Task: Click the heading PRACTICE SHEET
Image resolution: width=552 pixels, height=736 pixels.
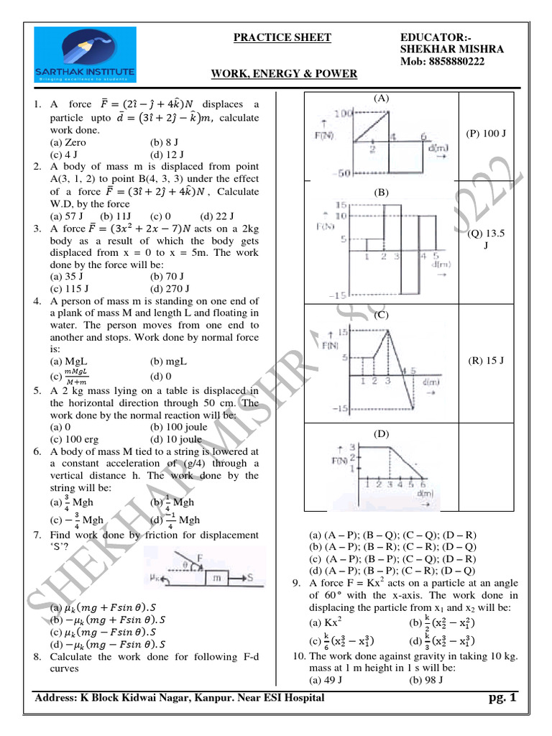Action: [x=282, y=37]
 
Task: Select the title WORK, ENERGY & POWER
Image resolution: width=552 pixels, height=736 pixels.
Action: [x=284, y=74]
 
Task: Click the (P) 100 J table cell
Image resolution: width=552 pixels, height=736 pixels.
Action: [x=487, y=133]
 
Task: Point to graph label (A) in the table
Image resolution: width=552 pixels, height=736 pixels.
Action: [x=381, y=97]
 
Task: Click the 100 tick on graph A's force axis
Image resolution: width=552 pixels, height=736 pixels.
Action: [x=342, y=114]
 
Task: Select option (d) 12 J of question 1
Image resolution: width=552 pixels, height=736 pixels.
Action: [x=166, y=155]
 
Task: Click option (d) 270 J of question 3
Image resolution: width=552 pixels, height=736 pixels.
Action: [x=170, y=288]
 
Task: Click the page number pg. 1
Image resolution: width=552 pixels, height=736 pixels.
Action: [x=501, y=698]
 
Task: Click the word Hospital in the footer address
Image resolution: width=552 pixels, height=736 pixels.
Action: [x=301, y=698]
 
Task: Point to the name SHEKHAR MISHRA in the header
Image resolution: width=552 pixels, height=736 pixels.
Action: [x=451, y=49]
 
